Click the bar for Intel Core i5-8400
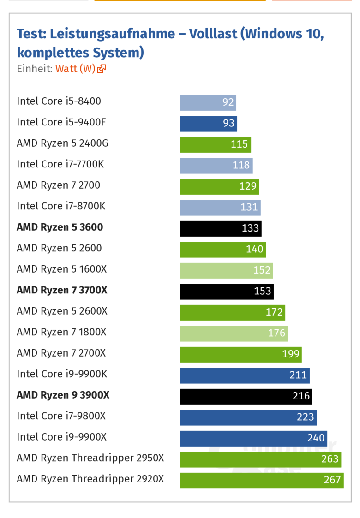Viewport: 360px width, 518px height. pos(208,103)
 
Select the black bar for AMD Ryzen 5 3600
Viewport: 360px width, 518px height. pos(221,228)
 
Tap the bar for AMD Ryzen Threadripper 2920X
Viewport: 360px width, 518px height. pos(262,480)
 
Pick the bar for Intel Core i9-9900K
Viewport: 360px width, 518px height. pos(245,375)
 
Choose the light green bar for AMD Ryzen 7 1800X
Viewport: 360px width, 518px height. pos(234,333)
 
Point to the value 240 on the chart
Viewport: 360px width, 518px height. pos(316,438)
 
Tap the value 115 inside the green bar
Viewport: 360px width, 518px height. pos(239,144)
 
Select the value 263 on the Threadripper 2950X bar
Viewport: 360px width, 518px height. pos(330,459)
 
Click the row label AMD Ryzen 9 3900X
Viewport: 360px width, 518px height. pos(63,395)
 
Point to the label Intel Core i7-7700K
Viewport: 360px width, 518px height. pos(60,164)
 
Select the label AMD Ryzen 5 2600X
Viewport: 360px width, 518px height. pos(62,311)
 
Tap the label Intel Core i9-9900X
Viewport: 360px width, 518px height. pos(61,437)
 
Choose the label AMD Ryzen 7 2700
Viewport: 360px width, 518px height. pos(58,185)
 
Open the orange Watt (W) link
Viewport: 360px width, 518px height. pos(75,69)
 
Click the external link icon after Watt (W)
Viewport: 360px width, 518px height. pos(102,69)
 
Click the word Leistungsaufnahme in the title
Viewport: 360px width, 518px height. pos(110,34)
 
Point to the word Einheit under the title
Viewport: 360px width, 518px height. pos(33,69)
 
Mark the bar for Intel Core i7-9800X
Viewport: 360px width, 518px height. pos(248,417)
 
